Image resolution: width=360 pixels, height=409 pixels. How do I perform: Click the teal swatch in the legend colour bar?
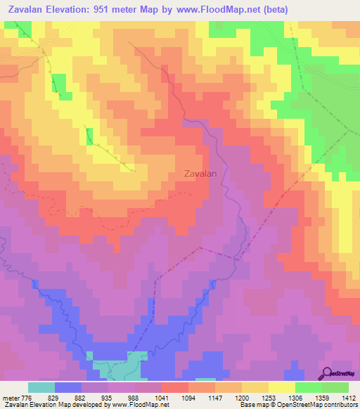point(41,387)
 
